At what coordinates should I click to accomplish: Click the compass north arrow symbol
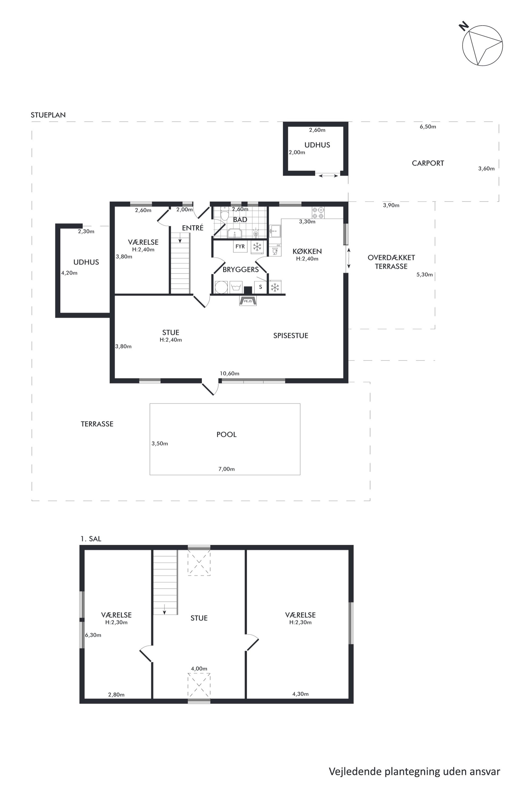tap(482, 45)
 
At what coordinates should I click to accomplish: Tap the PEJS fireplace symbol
tap(248, 301)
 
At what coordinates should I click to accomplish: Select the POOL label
tap(227, 435)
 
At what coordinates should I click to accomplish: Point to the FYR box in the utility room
tap(240, 246)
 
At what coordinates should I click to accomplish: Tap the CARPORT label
tap(428, 163)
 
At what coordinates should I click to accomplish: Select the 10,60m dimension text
tap(229, 373)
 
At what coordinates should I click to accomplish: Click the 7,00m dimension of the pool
tap(227, 469)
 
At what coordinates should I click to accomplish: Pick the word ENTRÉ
tap(193, 228)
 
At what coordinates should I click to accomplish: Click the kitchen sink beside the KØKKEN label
tap(275, 231)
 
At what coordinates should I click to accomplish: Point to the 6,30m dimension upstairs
tap(93, 635)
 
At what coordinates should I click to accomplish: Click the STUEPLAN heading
tap(48, 115)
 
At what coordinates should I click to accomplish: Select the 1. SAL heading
tap(91, 539)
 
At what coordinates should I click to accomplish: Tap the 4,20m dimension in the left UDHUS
tap(69, 273)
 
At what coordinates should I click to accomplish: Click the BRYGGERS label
tap(241, 270)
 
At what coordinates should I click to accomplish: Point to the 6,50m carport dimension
tap(428, 127)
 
